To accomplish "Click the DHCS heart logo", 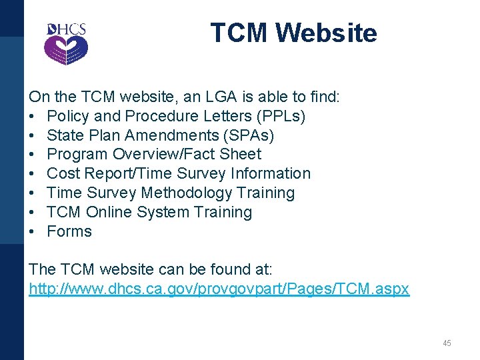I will pyautogui.click(x=66, y=44).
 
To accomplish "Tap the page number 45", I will pyautogui.click(x=447, y=343).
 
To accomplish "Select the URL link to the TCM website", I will pyautogui.click(x=219, y=289).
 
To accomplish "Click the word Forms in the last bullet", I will pyautogui.click(x=69, y=231).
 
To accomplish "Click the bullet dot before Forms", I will pyautogui.click(x=32, y=231).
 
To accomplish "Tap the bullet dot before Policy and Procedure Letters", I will pyautogui.click(x=32, y=116).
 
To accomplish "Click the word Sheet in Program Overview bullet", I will pyautogui.click(x=241, y=154).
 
